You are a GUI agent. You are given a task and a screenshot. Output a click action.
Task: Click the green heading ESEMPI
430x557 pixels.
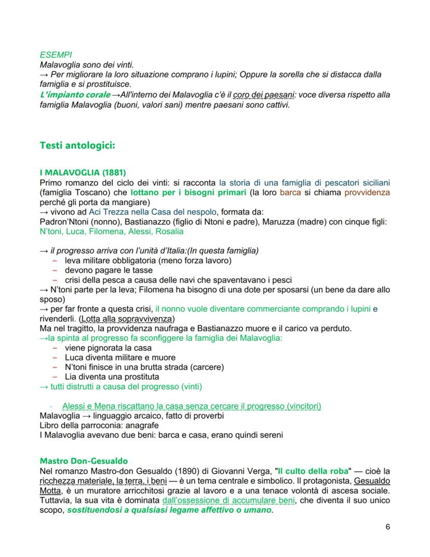pyautogui.click(x=56, y=54)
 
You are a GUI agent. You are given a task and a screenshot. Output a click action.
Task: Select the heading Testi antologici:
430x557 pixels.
pyautogui.click(x=77, y=145)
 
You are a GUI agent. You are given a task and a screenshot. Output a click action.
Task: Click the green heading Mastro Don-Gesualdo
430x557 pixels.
pyautogui.click(x=84, y=461)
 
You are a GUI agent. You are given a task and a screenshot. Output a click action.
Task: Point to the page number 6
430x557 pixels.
pyautogui.click(x=388, y=527)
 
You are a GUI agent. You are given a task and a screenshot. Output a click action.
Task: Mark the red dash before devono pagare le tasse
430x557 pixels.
pyautogui.click(x=55, y=270)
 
